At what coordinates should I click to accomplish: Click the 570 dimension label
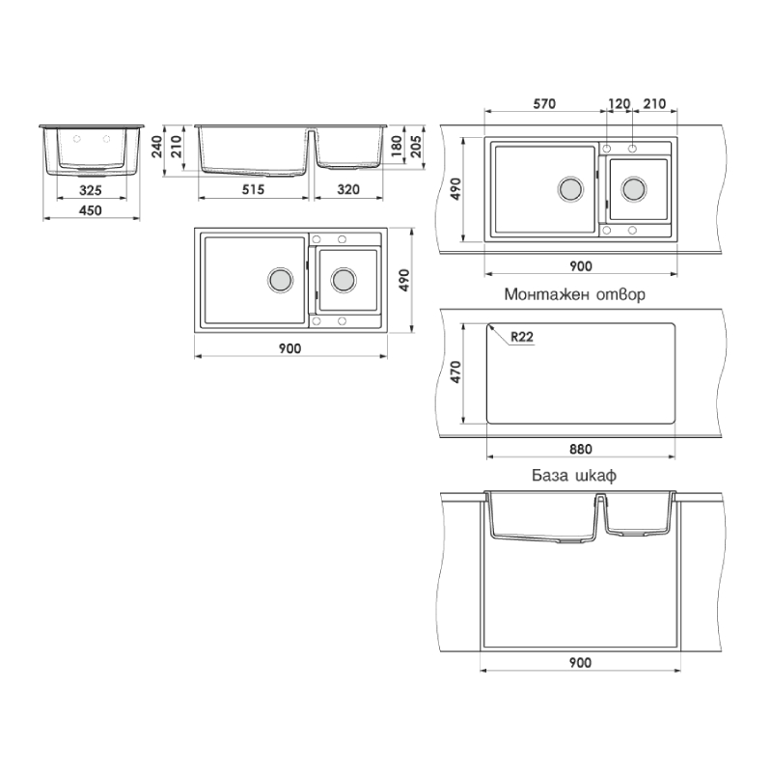(x=544, y=104)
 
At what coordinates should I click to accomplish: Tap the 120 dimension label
(x=619, y=104)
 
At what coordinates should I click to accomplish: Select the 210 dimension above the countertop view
(x=654, y=104)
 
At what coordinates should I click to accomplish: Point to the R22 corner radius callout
(x=522, y=337)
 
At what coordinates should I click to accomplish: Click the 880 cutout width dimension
(x=581, y=449)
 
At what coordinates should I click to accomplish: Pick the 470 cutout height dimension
(x=455, y=372)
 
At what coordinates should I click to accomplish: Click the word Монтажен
(x=546, y=294)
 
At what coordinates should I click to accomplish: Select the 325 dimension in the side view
(x=91, y=190)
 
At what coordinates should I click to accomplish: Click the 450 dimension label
(x=91, y=210)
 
